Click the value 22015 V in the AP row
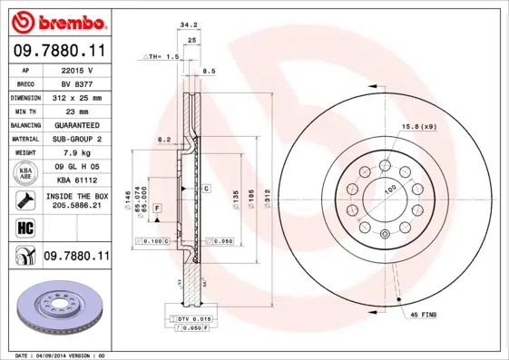coord(75,69)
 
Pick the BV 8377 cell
coord(75,83)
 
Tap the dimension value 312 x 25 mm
coord(75,96)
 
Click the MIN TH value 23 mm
coord(75,110)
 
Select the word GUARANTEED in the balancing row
coord(75,124)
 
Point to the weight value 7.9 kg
coord(75,153)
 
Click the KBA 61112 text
coord(75,181)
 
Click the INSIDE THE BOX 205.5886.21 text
coord(75,200)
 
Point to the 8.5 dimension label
coord(208,70)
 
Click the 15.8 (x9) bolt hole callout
coord(419,126)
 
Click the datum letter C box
coord(206,188)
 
